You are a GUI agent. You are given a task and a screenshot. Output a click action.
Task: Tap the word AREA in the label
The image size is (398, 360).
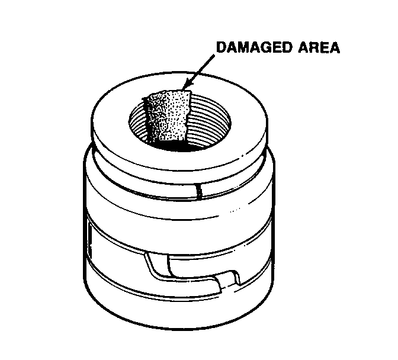pos(319,48)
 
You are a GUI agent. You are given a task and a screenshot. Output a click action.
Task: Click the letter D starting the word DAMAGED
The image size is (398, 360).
pos(222,48)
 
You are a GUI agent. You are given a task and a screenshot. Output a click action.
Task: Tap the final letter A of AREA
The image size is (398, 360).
pos(334,48)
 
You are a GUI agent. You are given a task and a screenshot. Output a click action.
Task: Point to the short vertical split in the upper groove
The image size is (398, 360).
pos(200,191)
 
